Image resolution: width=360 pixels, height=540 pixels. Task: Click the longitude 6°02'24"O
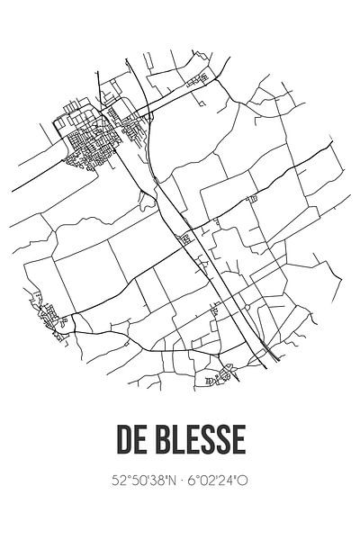218,482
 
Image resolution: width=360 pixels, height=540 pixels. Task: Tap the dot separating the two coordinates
180,482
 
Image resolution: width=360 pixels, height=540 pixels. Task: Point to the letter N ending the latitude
168,482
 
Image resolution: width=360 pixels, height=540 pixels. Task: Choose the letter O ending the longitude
243,482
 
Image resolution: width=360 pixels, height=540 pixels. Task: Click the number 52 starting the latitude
120,482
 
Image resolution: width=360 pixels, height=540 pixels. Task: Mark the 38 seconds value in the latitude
155,482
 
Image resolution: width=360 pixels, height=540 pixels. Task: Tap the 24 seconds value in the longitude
229,482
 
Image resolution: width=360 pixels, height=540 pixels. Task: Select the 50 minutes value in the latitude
137,482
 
